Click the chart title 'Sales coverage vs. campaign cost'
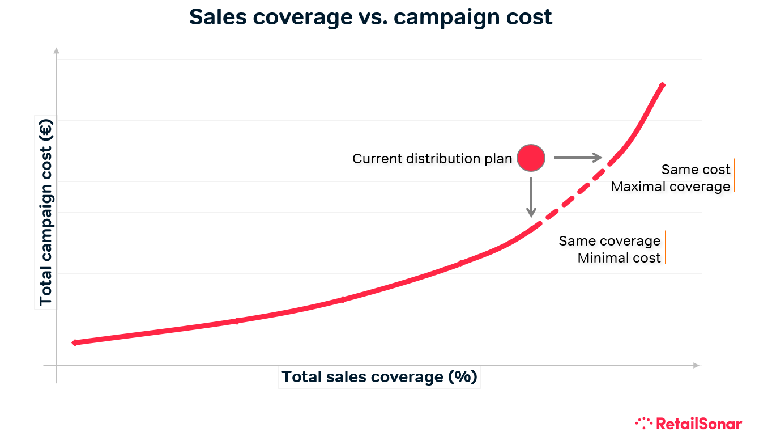click(x=370, y=18)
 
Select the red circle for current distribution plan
click(x=531, y=158)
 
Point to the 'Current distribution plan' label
click(x=432, y=159)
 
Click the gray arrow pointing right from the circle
click(x=577, y=158)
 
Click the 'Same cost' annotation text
click(x=696, y=170)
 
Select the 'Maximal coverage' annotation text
click(x=671, y=187)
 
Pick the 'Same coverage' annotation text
click(x=609, y=241)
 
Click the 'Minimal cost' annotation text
click(x=619, y=258)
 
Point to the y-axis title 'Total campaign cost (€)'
click(x=46, y=211)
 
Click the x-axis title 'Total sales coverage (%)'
click(x=379, y=377)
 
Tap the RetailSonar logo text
click(x=699, y=423)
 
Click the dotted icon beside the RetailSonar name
click(x=644, y=422)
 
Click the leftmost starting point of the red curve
click(x=75, y=342)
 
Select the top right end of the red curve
click(x=662, y=86)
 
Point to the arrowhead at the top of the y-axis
click(x=56, y=50)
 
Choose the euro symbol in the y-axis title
click(x=46, y=129)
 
